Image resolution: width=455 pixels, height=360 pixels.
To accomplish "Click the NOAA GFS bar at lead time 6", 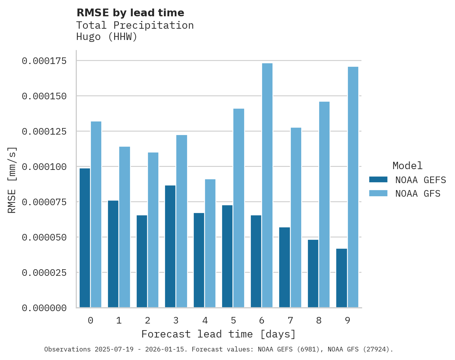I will coord(267,185).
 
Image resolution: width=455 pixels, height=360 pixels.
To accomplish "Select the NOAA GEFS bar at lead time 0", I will coord(85,238).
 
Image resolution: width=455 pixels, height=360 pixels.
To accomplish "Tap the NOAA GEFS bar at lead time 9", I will coord(342,278).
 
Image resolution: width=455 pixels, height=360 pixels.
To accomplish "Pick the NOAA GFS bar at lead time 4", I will coord(210,243).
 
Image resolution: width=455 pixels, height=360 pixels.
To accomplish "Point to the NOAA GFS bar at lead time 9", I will coord(353,187).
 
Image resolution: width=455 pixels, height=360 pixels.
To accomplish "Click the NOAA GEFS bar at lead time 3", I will coord(170,246).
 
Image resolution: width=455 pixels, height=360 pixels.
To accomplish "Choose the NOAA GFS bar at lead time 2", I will coord(153,230).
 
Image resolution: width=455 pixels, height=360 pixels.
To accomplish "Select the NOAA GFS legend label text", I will coord(418,194).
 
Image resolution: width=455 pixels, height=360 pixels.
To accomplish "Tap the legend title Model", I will coord(407,166).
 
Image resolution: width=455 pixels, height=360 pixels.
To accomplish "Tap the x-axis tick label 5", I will coord(233,320).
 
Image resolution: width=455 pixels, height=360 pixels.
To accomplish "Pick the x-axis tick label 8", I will coord(319,320).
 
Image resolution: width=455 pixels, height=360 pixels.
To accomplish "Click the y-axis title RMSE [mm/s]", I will coord(12,180).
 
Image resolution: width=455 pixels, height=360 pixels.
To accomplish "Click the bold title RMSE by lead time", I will coord(130,13).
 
